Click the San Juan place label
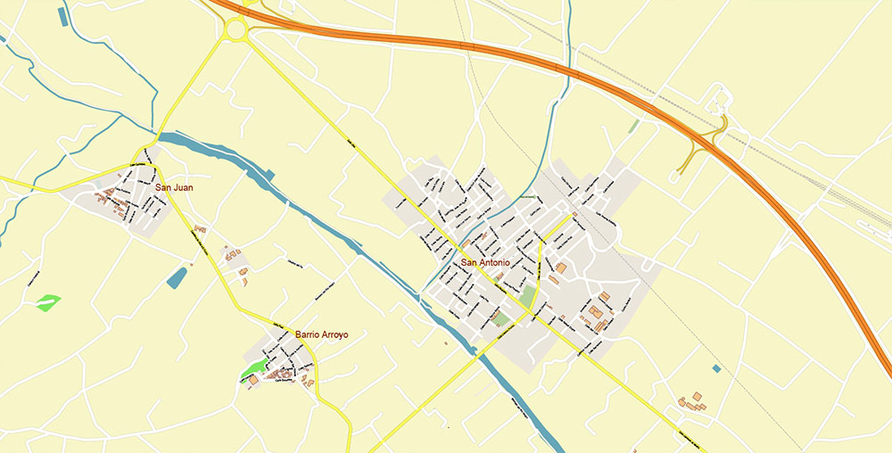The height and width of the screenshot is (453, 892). [174, 188]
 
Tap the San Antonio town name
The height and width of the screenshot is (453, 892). [486, 263]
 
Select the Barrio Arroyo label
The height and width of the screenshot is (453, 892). [321, 335]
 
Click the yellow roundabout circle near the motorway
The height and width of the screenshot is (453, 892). [236, 30]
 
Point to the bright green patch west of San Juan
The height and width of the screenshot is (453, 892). [49, 303]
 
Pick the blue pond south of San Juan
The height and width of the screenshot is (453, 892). [178, 277]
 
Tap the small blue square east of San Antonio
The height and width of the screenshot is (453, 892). [716, 368]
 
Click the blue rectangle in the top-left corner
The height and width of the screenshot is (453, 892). [62, 15]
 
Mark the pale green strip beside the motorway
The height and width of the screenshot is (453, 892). [634, 126]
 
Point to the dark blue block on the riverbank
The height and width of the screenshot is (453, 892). [270, 172]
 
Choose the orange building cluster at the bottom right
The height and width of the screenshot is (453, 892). [692, 402]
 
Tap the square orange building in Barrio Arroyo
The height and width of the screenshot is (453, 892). [252, 380]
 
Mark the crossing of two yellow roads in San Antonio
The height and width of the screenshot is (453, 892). [533, 311]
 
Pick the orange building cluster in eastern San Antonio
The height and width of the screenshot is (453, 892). [595, 312]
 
